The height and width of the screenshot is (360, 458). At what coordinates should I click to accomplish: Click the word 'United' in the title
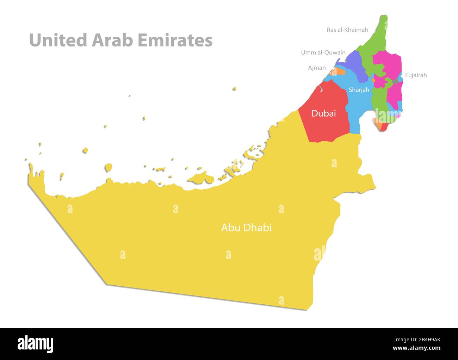58,40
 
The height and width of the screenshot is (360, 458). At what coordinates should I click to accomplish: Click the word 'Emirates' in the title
175,40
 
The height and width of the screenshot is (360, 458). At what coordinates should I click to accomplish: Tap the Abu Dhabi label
246,228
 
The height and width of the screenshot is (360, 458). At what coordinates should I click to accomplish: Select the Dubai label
324,113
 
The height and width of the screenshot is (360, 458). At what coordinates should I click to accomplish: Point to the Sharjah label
359,90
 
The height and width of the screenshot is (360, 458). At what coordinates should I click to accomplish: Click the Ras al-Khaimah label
347,30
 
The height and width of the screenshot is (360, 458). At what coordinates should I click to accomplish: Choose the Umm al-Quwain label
323,52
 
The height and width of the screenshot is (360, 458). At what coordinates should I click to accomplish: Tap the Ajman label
317,68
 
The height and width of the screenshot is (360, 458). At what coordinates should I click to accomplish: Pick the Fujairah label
416,75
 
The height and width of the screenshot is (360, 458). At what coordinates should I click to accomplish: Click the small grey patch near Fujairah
395,81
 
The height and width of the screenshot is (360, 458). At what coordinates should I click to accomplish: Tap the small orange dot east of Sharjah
373,80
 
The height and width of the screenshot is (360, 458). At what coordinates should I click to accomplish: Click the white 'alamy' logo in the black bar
35,344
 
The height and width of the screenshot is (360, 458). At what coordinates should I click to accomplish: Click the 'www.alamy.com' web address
417,348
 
